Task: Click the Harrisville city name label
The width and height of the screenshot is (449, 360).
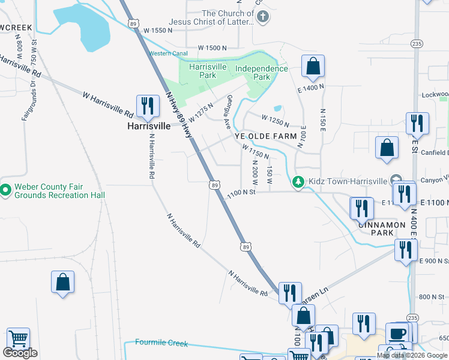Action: [x=148, y=127]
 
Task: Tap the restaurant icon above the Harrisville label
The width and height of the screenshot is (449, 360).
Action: [x=146, y=106]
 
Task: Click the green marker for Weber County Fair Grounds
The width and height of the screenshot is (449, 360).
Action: [x=6, y=190]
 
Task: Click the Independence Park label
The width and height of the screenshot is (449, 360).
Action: [x=261, y=73]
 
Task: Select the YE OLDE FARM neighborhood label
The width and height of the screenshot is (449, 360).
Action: [x=265, y=136]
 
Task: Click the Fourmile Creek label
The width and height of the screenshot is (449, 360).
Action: [x=161, y=343]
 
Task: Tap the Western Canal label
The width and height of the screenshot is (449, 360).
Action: [x=169, y=53]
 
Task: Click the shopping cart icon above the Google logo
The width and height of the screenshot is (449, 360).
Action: [x=19, y=339]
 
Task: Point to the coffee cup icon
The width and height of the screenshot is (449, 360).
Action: [x=397, y=333]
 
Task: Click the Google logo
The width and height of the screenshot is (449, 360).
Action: [x=20, y=353]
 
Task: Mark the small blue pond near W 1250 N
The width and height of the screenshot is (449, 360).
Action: [x=277, y=109]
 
